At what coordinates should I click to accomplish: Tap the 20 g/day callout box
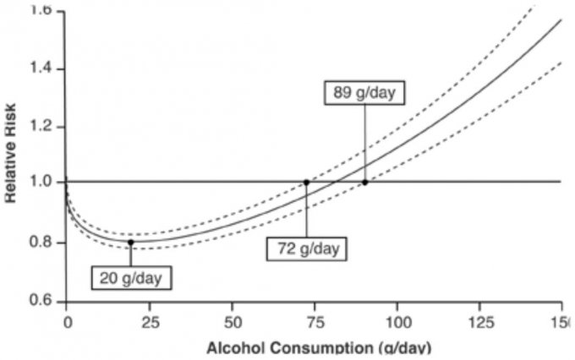(x=131, y=276)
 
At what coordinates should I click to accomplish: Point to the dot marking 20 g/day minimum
(x=130, y=242)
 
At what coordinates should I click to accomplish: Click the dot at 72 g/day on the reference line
(x=306, y=182)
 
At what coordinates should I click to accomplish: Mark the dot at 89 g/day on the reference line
(x=364, y=182)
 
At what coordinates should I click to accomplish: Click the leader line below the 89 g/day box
(x=364, y=144)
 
